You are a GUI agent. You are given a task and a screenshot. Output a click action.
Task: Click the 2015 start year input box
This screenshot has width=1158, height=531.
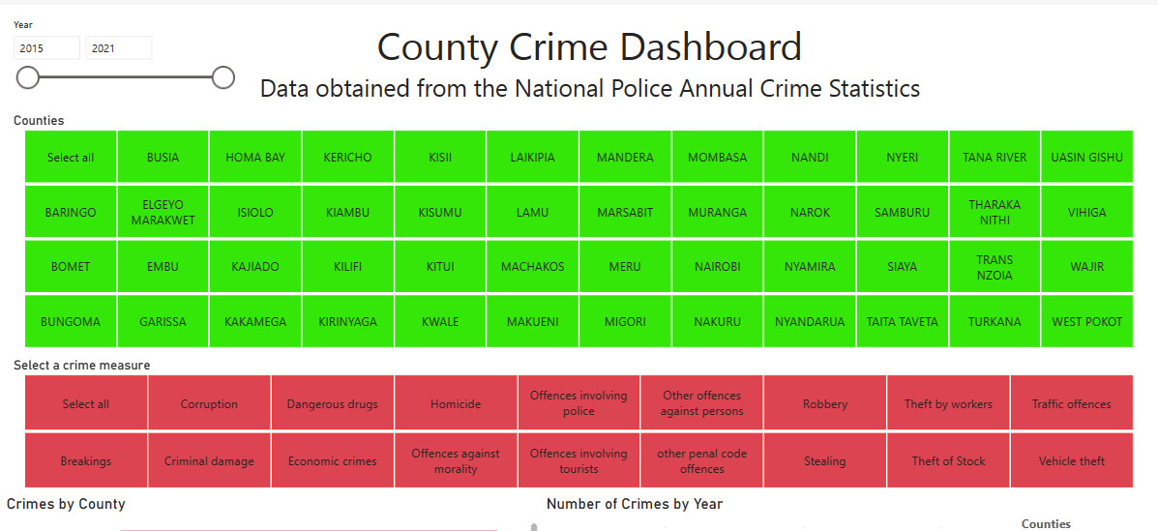[46, 48]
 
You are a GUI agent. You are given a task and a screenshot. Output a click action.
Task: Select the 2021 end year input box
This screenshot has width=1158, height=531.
[118, 48]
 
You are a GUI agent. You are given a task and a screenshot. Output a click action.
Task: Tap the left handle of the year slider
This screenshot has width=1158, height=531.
[28, 77]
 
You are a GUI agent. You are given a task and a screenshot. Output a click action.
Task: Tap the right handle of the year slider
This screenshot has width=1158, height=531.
[223, 77]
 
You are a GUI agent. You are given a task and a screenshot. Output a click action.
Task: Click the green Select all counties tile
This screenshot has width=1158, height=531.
[71, 157]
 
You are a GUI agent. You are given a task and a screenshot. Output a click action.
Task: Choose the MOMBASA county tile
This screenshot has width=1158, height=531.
[717, 157]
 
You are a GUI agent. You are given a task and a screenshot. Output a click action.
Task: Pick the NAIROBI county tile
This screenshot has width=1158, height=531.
[717, 267]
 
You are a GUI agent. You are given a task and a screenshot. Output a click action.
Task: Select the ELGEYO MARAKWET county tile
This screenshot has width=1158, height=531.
[163, 212]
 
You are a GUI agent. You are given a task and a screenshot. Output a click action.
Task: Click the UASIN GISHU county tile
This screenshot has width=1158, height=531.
[1086, 157]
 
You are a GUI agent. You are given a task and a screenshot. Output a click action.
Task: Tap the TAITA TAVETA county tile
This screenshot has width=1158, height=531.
[902, 322]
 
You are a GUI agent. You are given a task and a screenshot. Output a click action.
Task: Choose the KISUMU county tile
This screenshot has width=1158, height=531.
[440, 212]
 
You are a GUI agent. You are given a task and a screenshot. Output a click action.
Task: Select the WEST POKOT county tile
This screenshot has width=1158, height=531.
[1086, 322]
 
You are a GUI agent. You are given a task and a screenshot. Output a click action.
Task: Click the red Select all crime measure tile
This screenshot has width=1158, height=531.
[86, 403]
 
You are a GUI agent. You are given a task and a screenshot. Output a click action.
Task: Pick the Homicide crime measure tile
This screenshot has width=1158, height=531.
[456, 403]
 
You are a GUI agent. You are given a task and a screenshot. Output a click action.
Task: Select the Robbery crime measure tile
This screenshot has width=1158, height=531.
[825, 403]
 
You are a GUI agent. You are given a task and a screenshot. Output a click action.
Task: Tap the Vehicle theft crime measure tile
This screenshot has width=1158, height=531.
[1072, 461]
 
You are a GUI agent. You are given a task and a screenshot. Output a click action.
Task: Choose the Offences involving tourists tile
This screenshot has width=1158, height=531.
[579, 461]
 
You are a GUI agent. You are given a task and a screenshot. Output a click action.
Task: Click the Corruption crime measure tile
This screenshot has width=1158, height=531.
[209, 403]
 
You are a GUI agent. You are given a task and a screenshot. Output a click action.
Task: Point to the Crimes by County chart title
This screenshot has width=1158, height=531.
[66, 504]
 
